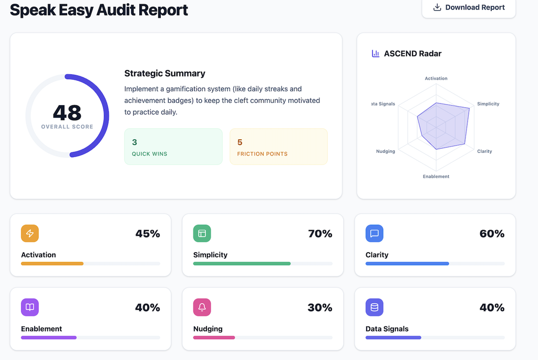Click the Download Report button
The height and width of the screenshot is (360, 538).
469,7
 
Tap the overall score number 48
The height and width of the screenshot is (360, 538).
67,112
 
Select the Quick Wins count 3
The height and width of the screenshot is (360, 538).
134,142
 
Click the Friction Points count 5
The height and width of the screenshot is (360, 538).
240,142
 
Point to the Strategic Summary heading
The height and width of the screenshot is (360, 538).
164,74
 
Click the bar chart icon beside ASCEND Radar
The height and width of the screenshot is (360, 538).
375,54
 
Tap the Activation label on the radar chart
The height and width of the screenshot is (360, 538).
436,78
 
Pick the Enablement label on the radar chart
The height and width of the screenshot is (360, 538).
436,177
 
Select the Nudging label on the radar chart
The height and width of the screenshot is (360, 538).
386,151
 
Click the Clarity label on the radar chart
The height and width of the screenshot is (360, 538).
484,151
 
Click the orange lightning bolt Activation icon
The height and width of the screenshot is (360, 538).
30,233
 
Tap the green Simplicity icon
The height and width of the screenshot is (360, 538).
202,233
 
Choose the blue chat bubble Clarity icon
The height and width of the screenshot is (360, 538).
374,233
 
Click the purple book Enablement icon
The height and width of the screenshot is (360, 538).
30,307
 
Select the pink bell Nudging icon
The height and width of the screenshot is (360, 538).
202,307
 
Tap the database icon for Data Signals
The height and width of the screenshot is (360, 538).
374,307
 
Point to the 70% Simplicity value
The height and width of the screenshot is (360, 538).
320,234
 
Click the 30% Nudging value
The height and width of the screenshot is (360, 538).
320,307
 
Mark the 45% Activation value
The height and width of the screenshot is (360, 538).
148,234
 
